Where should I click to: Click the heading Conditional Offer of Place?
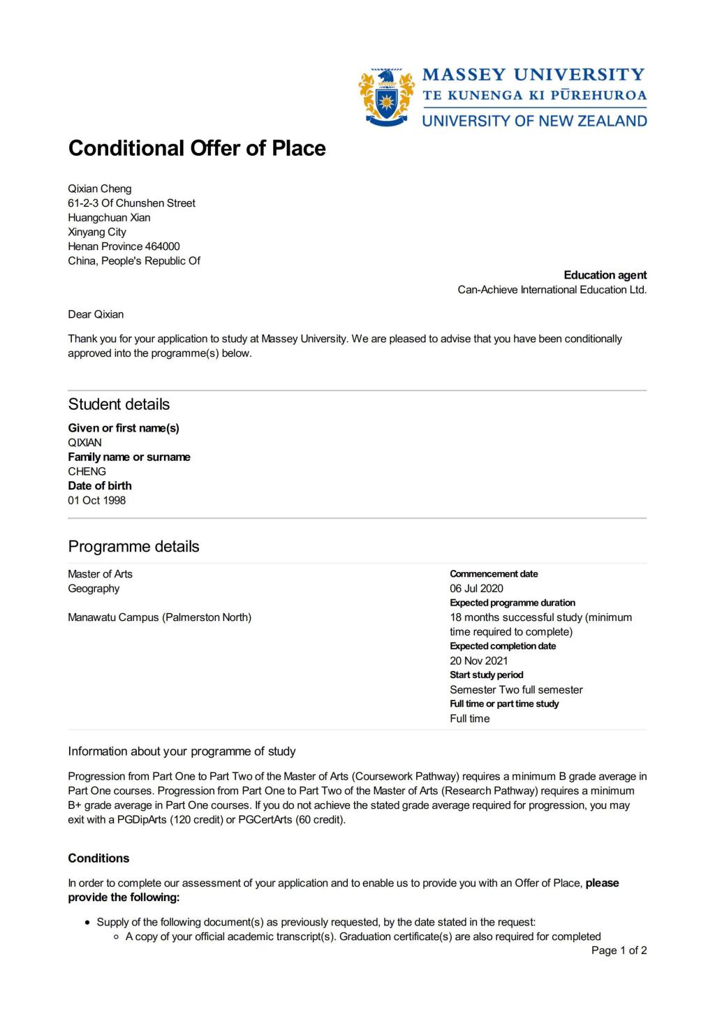197,148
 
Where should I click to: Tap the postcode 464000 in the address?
162,247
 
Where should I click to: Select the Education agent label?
605,275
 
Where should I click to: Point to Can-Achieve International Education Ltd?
552,290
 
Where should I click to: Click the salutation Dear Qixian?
96,314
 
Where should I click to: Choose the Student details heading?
119,404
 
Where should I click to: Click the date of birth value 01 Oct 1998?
97,501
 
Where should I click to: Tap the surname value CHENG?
87,471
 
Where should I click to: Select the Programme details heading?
133,547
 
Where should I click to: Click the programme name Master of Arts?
100,574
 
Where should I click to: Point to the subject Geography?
94,589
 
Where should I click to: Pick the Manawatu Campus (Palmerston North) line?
159,617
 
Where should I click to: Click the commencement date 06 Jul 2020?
476,589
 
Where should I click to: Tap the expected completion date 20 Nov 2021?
478,661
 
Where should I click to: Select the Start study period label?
486,675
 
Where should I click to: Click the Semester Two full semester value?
516,690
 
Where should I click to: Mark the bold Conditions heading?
98,858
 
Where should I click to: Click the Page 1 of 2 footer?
619,951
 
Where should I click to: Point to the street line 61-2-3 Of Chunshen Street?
131,203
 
